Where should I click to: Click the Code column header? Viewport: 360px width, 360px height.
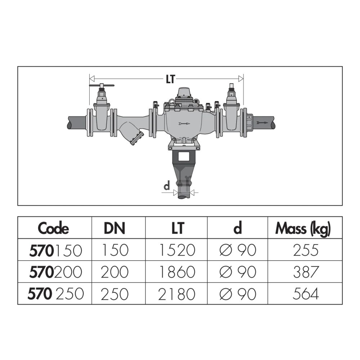pos(53,228)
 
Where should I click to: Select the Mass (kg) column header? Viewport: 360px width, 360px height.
pos(303,229)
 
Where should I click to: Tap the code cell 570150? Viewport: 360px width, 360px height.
pos(55,250)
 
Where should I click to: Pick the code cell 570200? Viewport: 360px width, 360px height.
pos(55,272)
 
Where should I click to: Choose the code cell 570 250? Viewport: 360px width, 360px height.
pos(55,294)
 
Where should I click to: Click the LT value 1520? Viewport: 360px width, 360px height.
pos(177,250)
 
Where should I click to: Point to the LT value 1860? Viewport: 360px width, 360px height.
pos(177,272)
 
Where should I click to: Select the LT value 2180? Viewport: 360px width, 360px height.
pos(176,294)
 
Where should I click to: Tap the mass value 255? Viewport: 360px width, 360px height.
pos(306,250)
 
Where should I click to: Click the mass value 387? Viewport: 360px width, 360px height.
pos(306,272)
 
